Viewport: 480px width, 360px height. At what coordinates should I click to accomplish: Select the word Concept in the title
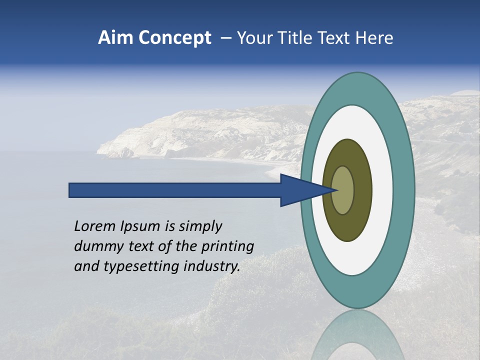[x=175, y=38]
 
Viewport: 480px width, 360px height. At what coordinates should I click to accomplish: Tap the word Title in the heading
[x=301, y=38]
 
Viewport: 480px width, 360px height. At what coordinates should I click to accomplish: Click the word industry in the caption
[x=212, y=266]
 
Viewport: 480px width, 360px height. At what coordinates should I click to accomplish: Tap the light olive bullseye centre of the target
[x=342, y=190]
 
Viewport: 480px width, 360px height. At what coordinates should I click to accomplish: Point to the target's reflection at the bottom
[x=357, y=337]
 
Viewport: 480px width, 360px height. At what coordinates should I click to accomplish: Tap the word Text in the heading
[x=337, y=38]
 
